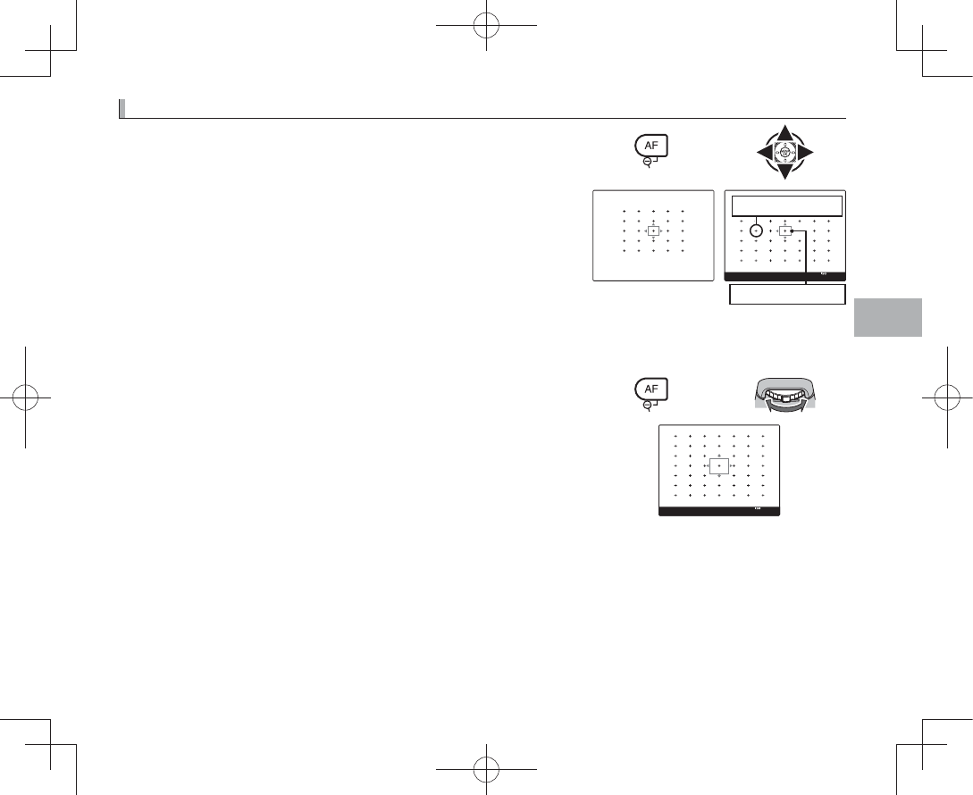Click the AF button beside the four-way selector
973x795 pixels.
click(x=650, y=146)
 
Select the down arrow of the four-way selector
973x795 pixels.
click(x=784, y=172)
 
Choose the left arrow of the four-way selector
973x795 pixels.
click(x=759, y=153)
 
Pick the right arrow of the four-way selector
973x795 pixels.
click(x=808, y=153)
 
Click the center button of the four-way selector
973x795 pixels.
click(x=784, y=153)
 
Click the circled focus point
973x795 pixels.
click(x=756, y=230)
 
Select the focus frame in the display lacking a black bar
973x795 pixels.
click(x=654, y=230)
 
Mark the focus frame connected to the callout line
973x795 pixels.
click(x=784, y=230)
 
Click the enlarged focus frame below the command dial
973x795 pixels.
click(x=719, y=465)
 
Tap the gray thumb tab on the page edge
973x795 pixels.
click(x=887, y=316)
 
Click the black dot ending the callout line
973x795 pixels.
click(x=793, y=232)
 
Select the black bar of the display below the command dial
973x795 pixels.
click(x=719, y=512)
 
